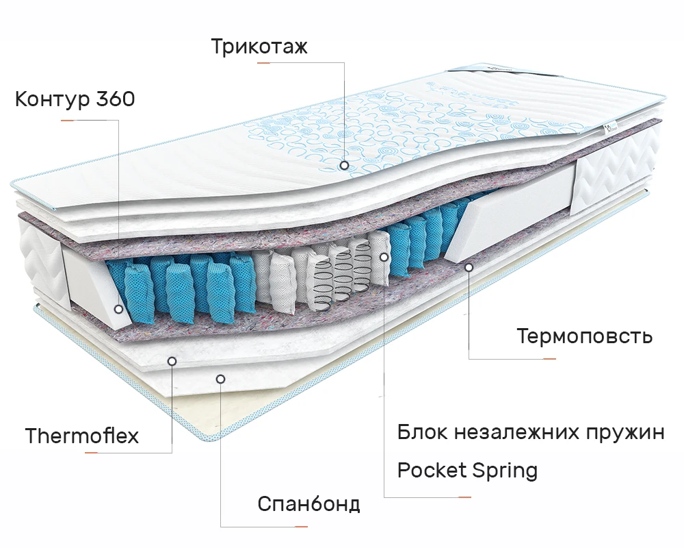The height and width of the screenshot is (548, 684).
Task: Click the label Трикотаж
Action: click(x=259, y=47)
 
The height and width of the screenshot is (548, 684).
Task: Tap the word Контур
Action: click(x=52, y=100)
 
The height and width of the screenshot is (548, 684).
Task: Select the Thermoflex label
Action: click(x=81, y=436)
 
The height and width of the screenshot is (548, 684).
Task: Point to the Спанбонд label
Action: click(x=308, y=504)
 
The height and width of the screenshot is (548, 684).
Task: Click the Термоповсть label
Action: click(x=584, y=336)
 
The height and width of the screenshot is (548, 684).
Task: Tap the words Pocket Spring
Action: click(x=467, y=471)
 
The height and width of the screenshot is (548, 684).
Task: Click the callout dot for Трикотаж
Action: click(x=343, y=165)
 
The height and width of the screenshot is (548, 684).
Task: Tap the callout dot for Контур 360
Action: click(x=119, y=309)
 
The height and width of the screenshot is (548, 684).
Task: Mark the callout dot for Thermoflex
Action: click(x=172, y=360)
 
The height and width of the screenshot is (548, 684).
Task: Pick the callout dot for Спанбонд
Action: click(x=220, y=378)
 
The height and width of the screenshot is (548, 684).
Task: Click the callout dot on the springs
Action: click(x=384, y=257)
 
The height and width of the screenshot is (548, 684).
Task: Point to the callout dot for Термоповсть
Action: click(x=469, y=266)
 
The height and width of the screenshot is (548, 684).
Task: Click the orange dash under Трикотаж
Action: click(x=264, y=63)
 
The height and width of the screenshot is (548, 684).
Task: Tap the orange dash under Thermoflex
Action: click(x=91, y=453)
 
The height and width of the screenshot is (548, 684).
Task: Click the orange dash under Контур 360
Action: click(x=67, y=121)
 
